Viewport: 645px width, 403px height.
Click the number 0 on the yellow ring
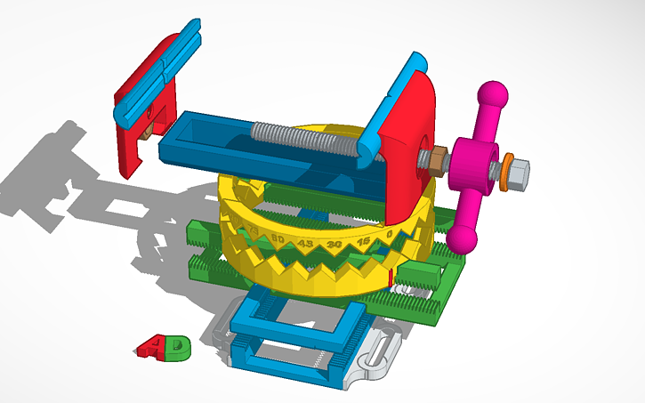[390, 234]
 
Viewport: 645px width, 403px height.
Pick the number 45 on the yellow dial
[306, 243]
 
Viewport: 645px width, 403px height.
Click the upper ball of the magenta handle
[491, 93]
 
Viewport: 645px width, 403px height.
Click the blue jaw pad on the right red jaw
[392, 94]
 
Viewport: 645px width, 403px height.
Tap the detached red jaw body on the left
[133, 142]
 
